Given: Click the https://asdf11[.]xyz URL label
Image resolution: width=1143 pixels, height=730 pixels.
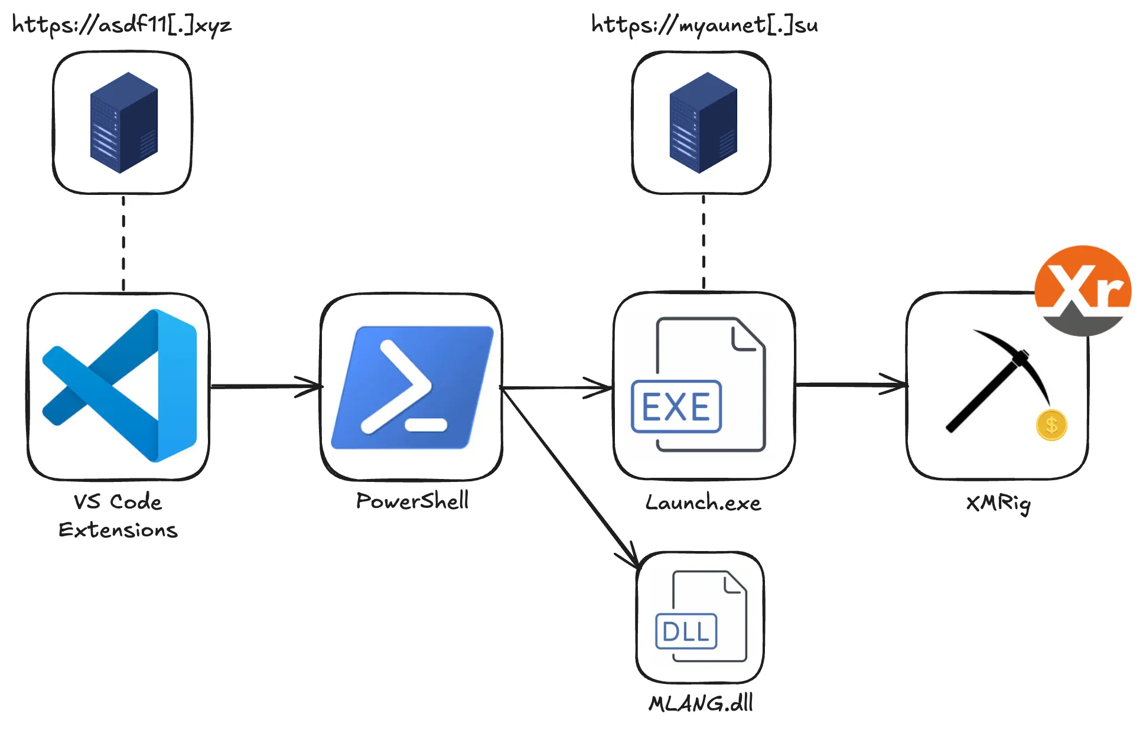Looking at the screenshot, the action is (x=122, y=25).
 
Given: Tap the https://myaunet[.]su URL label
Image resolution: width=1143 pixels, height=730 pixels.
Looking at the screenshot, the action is (x=705, y=25).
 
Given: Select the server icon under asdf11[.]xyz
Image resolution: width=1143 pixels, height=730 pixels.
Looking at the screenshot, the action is (x=123, y=123).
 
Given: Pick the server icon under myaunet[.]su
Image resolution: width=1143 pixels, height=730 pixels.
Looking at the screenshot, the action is (x=703, y=123).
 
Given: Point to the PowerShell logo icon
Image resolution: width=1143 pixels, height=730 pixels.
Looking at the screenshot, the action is (x=412, y=387).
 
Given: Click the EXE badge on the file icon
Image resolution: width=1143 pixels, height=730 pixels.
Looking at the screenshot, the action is (x=676, y=406).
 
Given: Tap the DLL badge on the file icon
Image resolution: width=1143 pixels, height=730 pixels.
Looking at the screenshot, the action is (x=686, y=631).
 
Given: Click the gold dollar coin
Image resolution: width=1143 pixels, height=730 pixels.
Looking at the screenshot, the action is (x=1051, y=425).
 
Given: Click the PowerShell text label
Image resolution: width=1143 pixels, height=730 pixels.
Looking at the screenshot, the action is (x=412, y=501).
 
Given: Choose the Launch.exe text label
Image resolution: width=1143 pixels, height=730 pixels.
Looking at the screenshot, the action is (x=703, y=503).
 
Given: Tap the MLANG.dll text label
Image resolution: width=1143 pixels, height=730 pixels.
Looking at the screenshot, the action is (x=701, y=703).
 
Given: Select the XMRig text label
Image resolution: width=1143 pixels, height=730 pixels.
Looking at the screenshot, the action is (x=998, y=504).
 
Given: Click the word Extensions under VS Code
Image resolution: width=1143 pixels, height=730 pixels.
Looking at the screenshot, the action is (x=118, y=530).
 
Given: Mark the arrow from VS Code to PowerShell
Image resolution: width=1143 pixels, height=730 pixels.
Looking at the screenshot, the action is (x=266, y=387).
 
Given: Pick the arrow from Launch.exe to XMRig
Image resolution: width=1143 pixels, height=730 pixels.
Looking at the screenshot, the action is (x=851, y=384).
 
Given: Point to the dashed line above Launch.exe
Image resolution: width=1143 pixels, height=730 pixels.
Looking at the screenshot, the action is (x=704, y=242).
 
